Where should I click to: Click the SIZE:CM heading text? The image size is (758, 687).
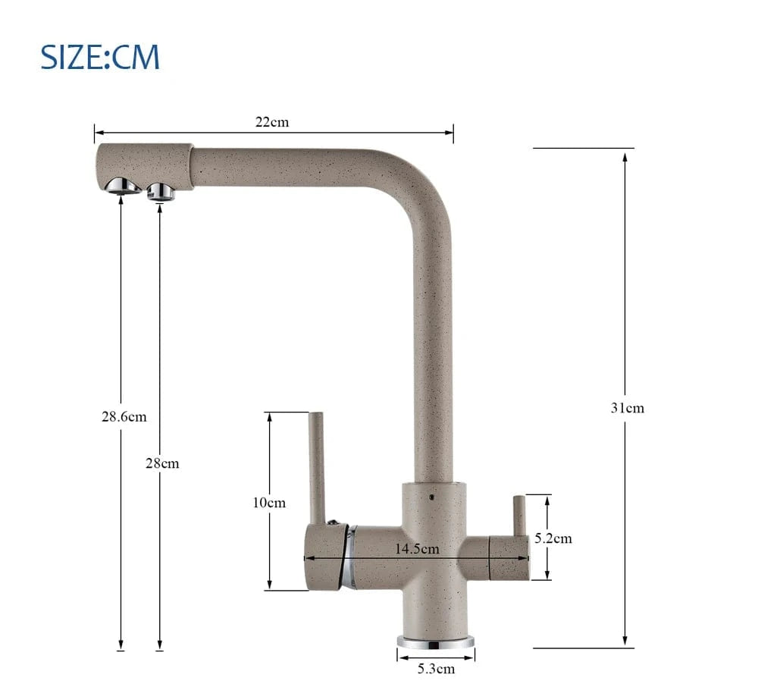click(99, 57)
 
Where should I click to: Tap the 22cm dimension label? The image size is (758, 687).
click(272, 122)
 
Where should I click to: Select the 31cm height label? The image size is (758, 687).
click(628, 408)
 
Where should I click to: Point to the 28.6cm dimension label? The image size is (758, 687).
click(124, 417)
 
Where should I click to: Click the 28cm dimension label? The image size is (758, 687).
click(162, 463)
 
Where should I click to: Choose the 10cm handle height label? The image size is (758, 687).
click(269, 503)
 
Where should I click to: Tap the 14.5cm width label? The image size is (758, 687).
click(417, 549)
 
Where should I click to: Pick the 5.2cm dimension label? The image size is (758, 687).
click(553, 538)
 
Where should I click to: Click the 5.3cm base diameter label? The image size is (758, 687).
click(436, 669)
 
